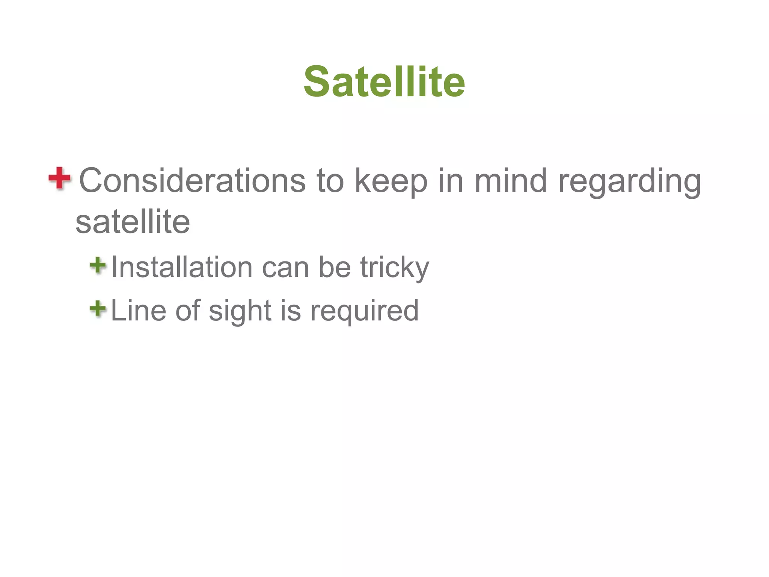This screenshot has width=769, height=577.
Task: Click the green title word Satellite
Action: coord(384,82)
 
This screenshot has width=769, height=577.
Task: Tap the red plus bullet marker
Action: coord(59,178)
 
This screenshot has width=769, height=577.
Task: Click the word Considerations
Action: coord(192,181)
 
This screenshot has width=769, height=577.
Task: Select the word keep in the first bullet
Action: coord(391,181)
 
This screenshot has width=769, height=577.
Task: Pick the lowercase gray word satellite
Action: coord(133,222)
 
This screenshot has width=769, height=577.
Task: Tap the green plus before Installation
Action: coord(98,265)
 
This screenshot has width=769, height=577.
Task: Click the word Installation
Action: coord(182,267)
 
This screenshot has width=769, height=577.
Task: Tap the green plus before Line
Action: coord(98,309)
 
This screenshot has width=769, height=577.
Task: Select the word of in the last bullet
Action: coord(188,311)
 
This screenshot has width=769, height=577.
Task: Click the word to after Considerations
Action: coord(330,181)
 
